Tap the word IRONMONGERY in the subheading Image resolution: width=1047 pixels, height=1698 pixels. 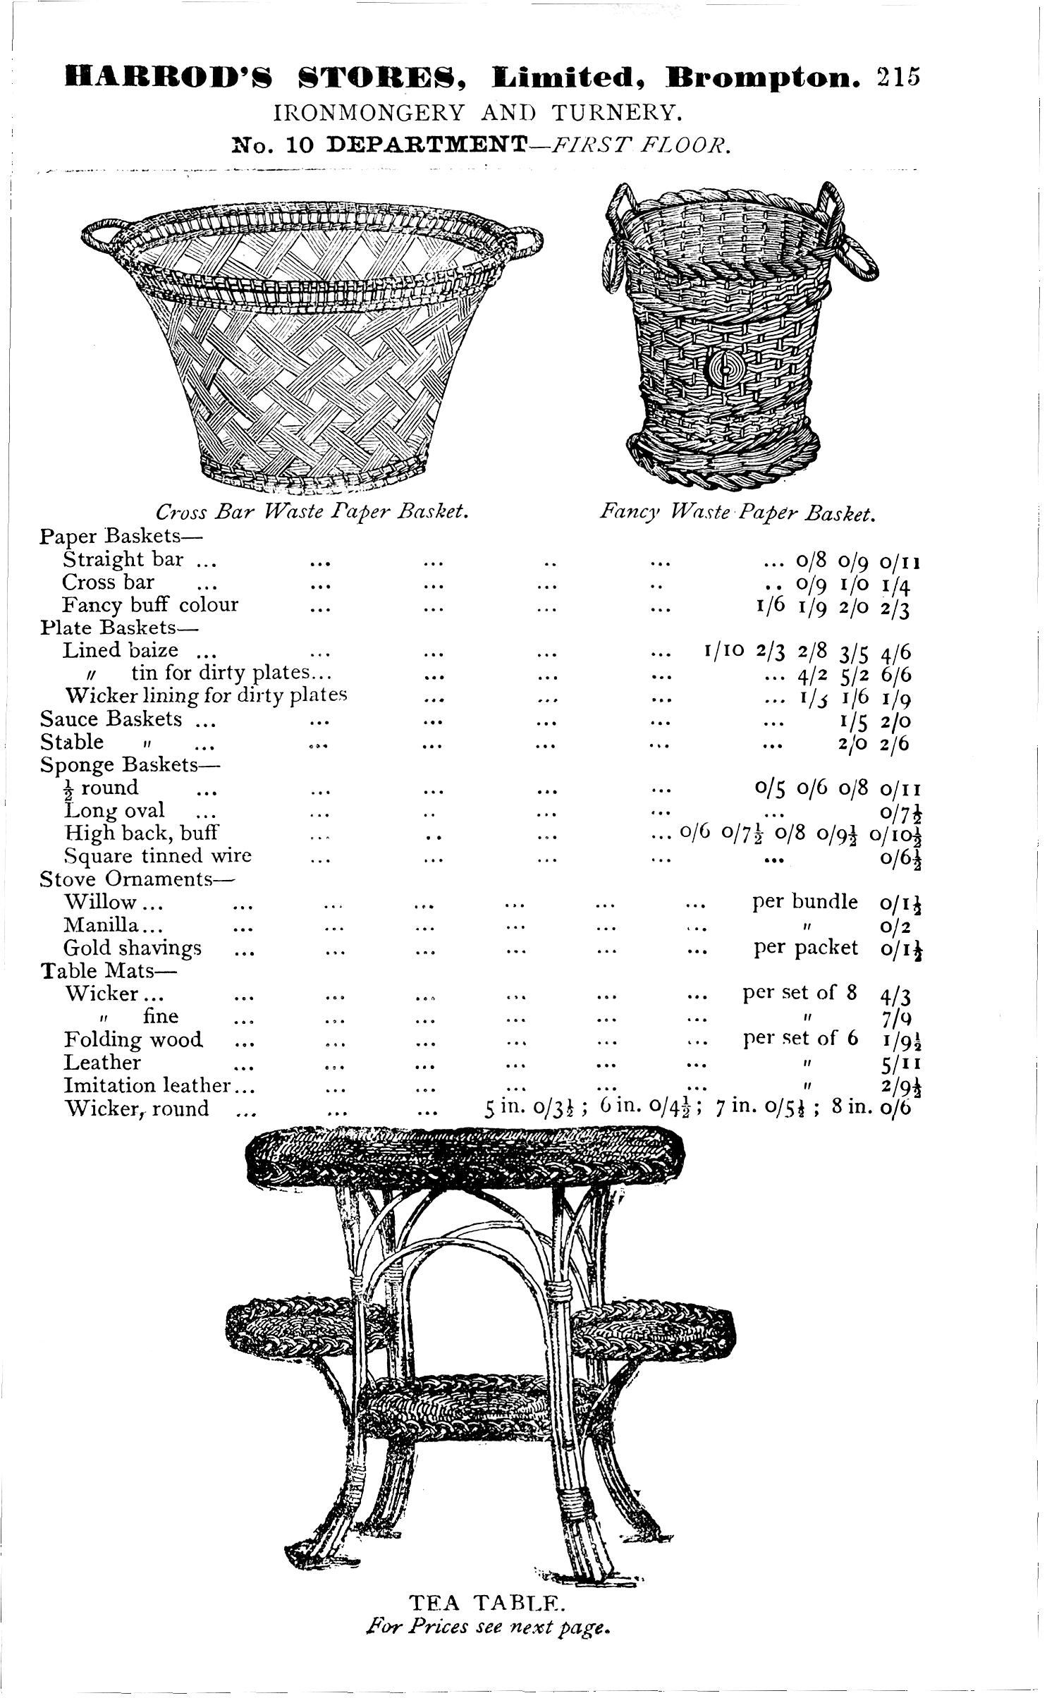369,112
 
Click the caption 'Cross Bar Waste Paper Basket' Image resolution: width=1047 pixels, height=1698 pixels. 312,510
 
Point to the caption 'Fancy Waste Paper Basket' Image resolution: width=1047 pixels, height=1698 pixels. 737,510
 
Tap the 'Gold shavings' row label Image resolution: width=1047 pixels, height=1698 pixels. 133,948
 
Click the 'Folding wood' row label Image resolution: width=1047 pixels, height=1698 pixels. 133,1039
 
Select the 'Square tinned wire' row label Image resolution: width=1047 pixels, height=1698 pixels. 158,856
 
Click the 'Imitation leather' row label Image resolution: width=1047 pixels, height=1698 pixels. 148,1086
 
